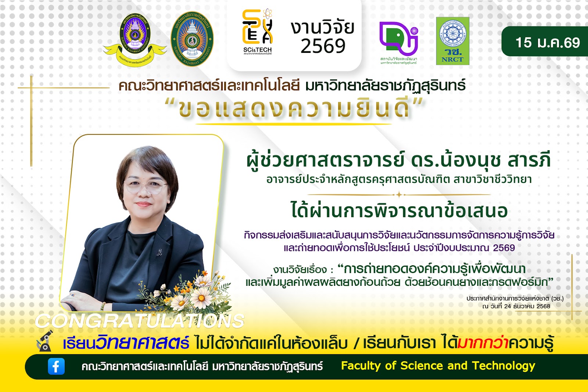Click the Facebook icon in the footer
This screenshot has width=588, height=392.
[56, 366]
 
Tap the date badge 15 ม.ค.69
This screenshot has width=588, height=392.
[547, 43]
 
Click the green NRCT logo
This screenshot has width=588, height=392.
[452, 41]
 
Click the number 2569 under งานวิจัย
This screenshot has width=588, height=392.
[323, 46]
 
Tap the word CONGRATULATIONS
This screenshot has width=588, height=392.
[140, 321]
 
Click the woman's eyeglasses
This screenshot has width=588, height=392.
[146, 187]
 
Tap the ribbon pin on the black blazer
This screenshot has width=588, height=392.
[159, 252]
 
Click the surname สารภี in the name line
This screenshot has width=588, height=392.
[529, 161]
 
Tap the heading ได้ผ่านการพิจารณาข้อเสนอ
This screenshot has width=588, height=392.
[399, 211]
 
